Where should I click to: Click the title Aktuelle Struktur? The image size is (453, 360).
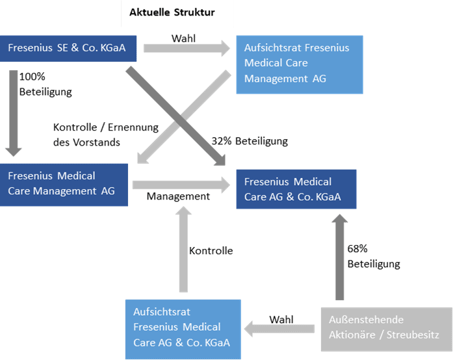click(172, 12)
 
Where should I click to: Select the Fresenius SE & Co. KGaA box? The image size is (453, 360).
click(68, 48)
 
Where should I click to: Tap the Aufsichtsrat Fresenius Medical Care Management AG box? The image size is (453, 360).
click(300, 64)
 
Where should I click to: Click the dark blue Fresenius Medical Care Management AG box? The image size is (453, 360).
click(64, 185)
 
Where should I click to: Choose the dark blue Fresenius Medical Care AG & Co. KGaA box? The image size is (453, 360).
click(296, 189)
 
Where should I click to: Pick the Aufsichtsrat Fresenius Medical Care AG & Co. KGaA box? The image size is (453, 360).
click(183, 329)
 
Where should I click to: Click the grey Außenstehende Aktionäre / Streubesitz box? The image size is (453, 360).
click(387, 329)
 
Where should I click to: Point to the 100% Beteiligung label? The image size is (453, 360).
click(45, 84)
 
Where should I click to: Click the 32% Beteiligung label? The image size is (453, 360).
click(250, 141)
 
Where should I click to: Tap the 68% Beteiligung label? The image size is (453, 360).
click(374, 256)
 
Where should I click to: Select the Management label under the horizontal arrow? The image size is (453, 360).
click(178, 196)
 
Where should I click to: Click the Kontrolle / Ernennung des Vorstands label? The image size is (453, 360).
click(106, 135)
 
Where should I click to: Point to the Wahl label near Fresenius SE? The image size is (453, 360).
click(183, 38)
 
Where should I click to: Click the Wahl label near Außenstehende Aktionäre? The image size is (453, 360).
click(281, 320)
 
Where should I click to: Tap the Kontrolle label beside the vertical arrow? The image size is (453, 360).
click(211, 250)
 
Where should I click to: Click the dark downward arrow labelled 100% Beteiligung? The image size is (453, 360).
click(13, 113)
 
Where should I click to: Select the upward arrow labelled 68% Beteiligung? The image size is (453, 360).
click(339, 257)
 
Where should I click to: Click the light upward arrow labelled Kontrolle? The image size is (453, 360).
click(183, 249)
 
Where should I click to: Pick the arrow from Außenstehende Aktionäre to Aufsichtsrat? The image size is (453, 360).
click(279, 329)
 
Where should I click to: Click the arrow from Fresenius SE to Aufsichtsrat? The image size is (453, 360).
click(187, 48)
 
